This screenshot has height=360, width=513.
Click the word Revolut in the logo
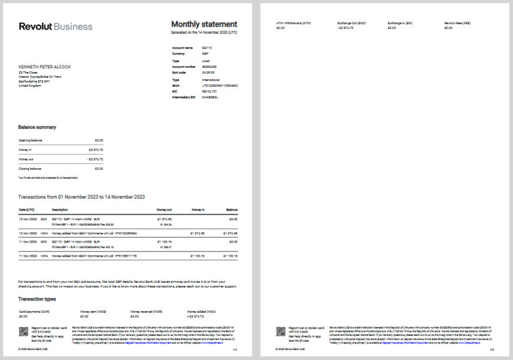[35, 27]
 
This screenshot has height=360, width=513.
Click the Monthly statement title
[204, 24]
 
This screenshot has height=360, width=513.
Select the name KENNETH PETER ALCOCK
[45, 67]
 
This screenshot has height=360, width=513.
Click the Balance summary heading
[37, 127]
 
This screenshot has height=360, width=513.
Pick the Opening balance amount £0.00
[99, 140]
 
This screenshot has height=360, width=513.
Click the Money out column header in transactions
[164, 210]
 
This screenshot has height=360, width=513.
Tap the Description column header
[60, 210]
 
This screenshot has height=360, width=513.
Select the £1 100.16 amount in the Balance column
[229, 256]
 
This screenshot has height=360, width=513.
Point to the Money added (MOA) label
[201, 311]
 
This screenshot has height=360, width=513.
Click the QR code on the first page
[24, 332]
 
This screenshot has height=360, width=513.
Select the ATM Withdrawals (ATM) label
[293, 23]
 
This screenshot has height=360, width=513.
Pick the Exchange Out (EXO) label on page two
[351, 23]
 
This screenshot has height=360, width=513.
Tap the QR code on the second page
[281, 332]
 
